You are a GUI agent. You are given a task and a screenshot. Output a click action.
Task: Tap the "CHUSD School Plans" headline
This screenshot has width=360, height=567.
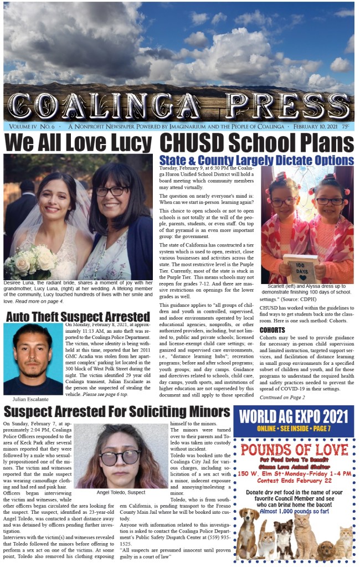(x=256, y=143)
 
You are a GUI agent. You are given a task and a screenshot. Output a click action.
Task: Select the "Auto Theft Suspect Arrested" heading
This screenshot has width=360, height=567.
(x=78, y=317)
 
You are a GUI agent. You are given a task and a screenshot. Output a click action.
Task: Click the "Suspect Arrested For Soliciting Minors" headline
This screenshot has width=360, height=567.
(x=116, y=412)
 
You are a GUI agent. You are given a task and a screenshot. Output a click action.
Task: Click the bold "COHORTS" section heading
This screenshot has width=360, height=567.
(x=272, y=330)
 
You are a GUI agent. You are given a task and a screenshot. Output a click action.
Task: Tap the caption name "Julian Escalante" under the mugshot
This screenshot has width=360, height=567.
(x=31, y=399)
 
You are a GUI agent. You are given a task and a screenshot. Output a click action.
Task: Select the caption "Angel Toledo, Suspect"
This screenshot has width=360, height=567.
(x=120, y=492)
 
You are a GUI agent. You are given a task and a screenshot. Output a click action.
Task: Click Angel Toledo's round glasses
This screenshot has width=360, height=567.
(x=120, y=457)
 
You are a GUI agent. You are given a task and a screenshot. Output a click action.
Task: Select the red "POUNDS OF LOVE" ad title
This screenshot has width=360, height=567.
(x=293, y=449)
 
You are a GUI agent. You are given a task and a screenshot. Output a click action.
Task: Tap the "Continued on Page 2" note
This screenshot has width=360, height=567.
(x=282, y=397)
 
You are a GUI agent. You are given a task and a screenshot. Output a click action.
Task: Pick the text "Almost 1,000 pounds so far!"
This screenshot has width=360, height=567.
(x=293, y=509)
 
